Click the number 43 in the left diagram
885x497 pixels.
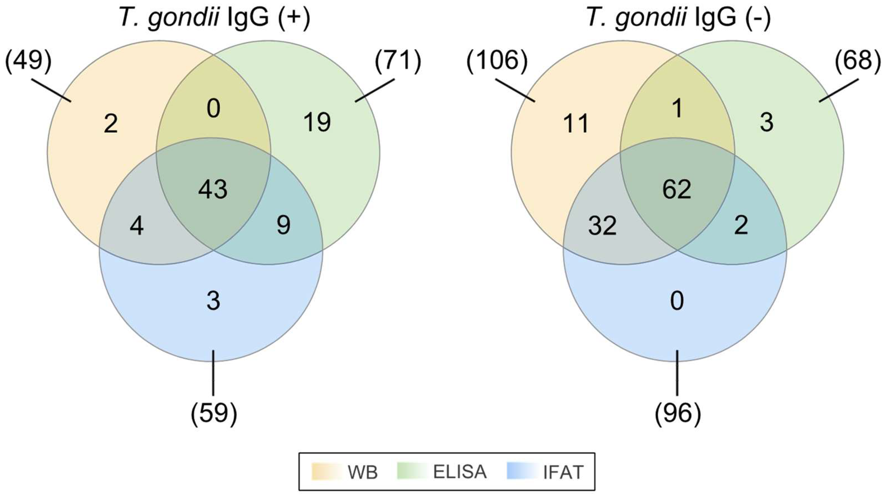213,190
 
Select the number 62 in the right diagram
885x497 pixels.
677,190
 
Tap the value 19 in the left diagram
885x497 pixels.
317,122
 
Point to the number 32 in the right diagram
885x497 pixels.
602,226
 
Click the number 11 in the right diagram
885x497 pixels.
576,124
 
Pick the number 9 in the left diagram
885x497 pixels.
283,225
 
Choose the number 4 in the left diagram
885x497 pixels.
137,226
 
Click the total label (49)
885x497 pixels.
28,61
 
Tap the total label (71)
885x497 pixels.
398,61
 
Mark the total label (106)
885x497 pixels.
497,61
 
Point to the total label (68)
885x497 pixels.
858,61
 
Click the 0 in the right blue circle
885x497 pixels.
677,301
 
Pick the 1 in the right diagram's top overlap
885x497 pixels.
677,109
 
